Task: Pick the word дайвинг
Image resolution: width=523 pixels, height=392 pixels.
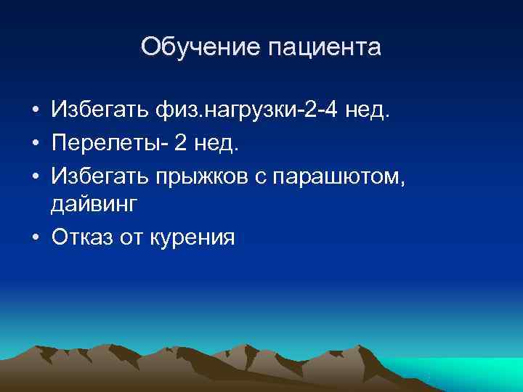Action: (x=93, y=206)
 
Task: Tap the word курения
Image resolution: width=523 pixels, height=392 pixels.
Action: (x=192, y=238)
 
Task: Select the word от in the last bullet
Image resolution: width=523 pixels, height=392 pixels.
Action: (x=134, y=237)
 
